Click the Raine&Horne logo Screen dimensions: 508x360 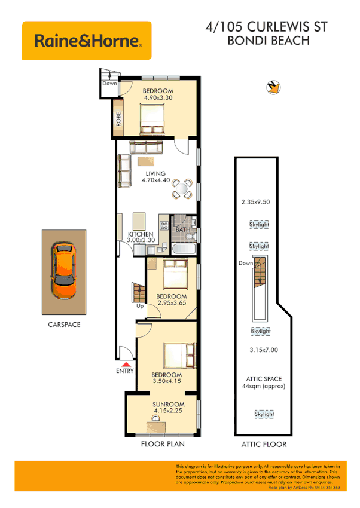[87, 41]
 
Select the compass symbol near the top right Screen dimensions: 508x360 [274, 87]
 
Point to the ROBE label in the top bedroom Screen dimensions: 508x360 [119, 120]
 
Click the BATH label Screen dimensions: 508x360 [182, 229]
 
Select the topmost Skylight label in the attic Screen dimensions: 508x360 [259, 225]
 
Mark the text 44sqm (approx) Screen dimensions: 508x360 [264, 386]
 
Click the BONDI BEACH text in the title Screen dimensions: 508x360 [268, 41]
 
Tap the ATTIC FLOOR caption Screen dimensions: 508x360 [263, 444]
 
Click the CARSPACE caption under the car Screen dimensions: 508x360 [64, 325]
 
